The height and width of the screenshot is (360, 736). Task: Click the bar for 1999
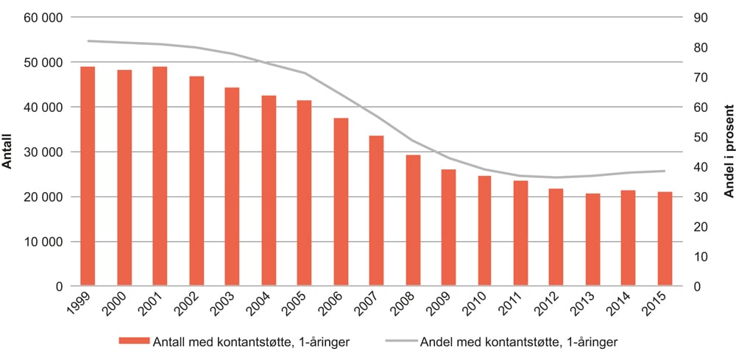click(x=88, y=177)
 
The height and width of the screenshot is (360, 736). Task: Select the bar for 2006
click(x=341, y=202)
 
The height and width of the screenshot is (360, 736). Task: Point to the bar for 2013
click(x=592, y=239)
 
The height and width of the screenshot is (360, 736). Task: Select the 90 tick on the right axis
click(x=696, y=17)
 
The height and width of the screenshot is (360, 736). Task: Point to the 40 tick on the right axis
click(x=696, y=167)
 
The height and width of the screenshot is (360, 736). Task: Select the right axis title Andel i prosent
click(x=726, y=151)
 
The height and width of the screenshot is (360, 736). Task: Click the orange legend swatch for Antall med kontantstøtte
click(x=133, y=341)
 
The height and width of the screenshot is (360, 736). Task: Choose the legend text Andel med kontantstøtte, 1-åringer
click(x=518, y=341)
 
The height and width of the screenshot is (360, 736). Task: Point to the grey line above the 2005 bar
click(x=304, y=73)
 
